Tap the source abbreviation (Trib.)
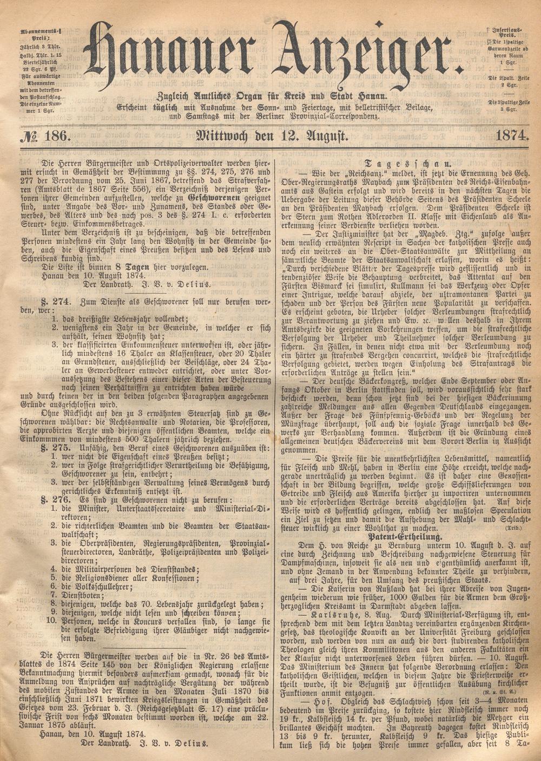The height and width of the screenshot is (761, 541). [513, 526]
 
